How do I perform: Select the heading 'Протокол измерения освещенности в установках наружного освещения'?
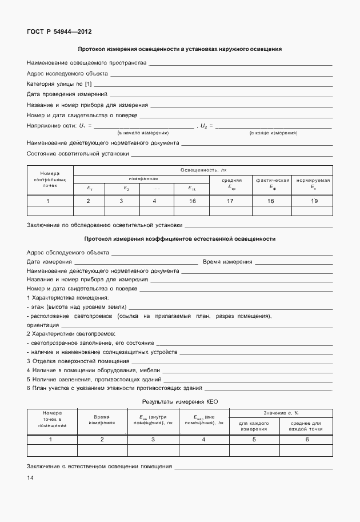click(x=179, y=49)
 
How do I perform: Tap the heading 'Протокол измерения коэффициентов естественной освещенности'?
click(x=179, y=239)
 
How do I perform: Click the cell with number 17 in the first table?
click(x=230, y=201)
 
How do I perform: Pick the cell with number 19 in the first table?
click(x=313, y=201)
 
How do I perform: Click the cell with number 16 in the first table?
click(x=192, y=201)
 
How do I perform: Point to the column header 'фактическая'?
click(x=272, y=180)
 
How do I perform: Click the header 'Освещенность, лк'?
click(x=203, y=170)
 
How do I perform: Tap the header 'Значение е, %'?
click(x=281, y=413)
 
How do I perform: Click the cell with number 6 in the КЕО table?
click(x=307, y=439)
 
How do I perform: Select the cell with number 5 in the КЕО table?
click(x=254, y=439)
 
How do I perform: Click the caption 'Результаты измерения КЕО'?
click(x=181, y=402)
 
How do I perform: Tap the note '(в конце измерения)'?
click(x=273, y=133)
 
